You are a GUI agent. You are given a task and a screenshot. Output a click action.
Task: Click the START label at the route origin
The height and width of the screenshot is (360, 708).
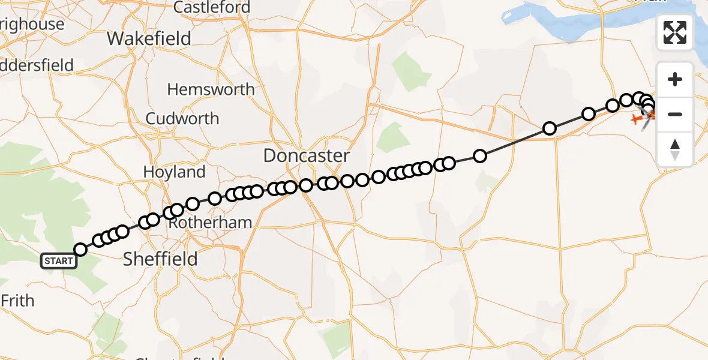[x=59, y=261]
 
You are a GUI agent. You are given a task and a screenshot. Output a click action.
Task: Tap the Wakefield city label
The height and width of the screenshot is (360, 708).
[x=149, y=39]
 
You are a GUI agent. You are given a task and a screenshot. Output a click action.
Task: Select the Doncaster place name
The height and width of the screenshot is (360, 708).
[x=307, y=156]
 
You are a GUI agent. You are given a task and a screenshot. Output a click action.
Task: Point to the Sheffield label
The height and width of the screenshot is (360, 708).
[x=160, y=259]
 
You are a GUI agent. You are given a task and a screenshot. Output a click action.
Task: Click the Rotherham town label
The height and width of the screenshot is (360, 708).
[x=210, y=223]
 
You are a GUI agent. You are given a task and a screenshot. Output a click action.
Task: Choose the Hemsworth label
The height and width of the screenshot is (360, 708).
[x=211, y=90]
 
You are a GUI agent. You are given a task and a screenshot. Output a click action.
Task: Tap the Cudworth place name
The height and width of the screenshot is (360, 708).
[x=182, y=119]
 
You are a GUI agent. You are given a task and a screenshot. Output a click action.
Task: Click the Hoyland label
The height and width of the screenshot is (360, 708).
[x=174, y=172]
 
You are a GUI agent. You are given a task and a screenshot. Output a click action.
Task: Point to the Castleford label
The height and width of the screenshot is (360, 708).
[x=212, y=8]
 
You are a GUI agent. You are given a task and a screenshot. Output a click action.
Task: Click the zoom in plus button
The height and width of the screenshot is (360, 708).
[x=675, y=80]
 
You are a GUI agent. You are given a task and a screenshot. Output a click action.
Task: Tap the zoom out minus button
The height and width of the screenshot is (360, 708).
[x=675, y=114]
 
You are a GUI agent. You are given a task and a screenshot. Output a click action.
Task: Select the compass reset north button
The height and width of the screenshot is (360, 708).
[x=675, y=149]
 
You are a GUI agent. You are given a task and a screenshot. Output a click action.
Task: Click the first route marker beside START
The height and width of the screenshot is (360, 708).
[x=80, y=250]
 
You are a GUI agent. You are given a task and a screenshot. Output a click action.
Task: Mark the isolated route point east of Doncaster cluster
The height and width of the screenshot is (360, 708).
[x=480, y=156]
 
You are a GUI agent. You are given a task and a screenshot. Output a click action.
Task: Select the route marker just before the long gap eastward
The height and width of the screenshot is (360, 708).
[x=449, y=163]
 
